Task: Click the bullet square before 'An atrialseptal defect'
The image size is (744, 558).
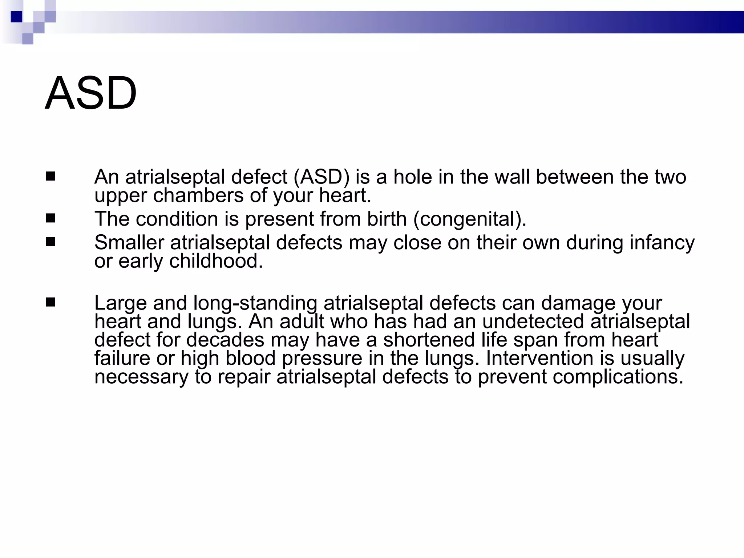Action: [50, 177]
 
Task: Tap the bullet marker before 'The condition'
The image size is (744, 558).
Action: [50, 218]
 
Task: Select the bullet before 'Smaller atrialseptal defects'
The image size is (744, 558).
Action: [50, 242]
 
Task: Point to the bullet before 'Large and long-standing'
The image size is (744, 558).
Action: [50, 302]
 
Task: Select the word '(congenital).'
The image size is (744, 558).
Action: [470, 219]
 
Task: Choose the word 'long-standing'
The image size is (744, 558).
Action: [255, 303]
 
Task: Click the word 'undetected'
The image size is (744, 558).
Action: [533, 322]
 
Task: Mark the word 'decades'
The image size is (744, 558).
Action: [225, 340]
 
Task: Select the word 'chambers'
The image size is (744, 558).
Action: [198, 195]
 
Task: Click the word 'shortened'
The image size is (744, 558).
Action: [429, 340]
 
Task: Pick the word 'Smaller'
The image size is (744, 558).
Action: [129, 242]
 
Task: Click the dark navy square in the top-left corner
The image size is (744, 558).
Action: [17, 17]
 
